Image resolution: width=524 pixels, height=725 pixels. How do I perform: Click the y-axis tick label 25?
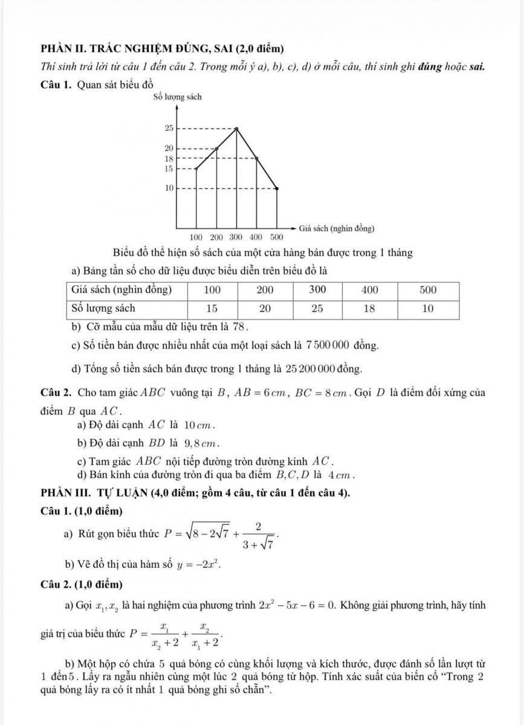pos(169,128)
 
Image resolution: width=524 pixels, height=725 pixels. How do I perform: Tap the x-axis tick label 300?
pos(236,235)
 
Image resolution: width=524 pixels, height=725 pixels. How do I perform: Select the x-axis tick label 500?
pos(276,235)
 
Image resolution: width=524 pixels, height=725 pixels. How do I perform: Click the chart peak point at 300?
pos(236,128)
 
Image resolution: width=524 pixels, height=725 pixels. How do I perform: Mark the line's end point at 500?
pos(277,188)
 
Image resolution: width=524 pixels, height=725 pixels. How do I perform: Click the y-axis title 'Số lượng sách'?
pos(177,97)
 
